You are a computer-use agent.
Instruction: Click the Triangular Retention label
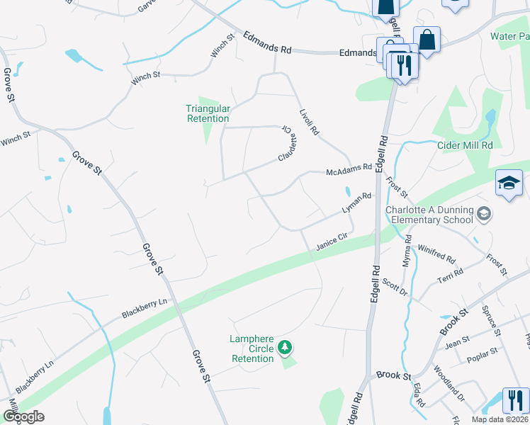(208, 113)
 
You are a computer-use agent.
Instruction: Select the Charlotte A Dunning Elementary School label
(429, 215)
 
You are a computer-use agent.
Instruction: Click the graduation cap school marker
(509, 183)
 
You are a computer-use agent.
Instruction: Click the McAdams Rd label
(349, 170)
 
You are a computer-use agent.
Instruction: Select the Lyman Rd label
(356, 203)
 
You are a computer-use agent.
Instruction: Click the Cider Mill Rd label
(466, 145)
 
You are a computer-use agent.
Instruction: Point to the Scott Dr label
(395, 285)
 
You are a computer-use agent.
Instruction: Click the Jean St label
(457, 341)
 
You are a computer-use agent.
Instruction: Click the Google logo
(23, 416)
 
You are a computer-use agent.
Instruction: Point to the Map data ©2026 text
(500, 419)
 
